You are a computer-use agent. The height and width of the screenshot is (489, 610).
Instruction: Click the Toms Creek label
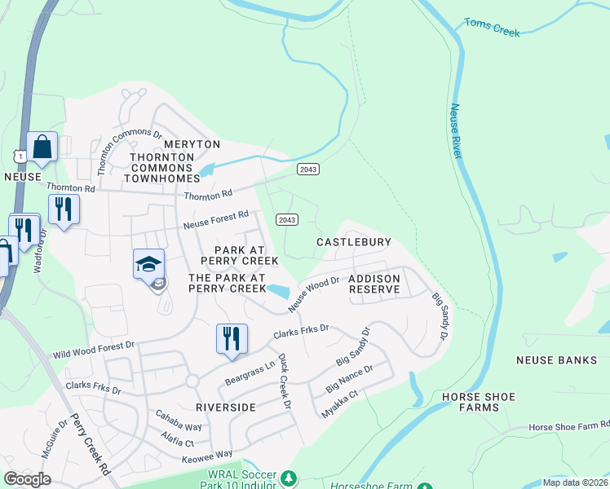493,28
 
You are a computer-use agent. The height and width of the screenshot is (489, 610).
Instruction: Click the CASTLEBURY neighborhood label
354,242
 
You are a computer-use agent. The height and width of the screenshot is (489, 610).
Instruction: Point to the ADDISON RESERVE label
374,284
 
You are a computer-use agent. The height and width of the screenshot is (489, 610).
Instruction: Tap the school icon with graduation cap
149,266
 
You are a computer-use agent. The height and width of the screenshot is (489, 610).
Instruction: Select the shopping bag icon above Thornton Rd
42,148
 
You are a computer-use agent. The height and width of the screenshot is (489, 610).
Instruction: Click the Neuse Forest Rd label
216,219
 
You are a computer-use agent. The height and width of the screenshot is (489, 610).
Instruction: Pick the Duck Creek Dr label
285,381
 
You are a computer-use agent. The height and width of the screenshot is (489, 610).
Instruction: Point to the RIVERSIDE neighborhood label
226,406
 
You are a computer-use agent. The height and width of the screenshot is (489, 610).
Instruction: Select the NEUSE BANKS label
557,359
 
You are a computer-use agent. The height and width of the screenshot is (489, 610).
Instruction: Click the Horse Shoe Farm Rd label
568,426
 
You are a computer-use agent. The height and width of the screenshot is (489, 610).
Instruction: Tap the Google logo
27,479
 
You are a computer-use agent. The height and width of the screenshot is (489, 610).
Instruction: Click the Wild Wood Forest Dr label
93,350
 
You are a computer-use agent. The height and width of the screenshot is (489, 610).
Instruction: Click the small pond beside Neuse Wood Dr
277,291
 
